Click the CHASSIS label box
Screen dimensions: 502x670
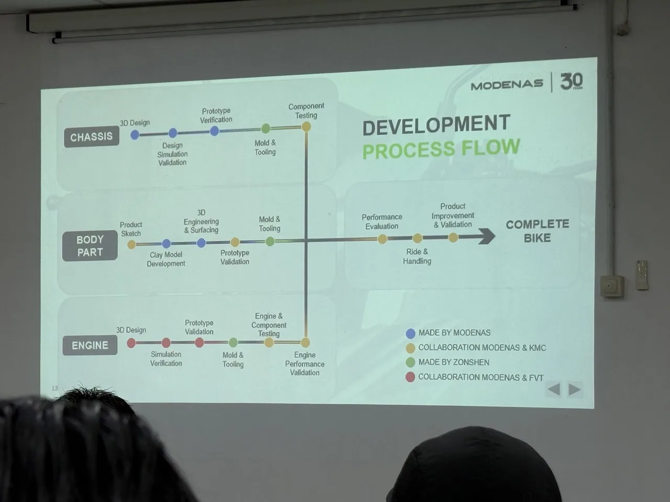[92, 137]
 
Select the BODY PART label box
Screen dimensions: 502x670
[90, 246]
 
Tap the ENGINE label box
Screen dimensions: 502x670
[90, 346]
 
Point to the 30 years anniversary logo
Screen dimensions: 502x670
[571, 81]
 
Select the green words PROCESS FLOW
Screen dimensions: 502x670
[441, 149]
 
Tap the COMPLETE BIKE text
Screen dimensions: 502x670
[537, 231]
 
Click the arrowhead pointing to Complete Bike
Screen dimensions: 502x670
[487, 236]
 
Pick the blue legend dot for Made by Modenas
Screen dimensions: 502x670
[410, 333]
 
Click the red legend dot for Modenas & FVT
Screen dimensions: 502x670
[410, 377]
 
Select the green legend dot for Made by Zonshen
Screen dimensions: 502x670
[410, 362]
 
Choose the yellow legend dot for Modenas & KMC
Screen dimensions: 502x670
[410, 348]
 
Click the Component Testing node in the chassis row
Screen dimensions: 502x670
[306, 127]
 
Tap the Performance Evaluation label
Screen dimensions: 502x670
[382, 222]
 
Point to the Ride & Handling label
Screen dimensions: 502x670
[417, 256]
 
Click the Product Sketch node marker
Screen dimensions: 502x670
[131, 244]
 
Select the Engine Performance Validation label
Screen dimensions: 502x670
[305, 363]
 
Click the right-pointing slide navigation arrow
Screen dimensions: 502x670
[575, 389]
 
